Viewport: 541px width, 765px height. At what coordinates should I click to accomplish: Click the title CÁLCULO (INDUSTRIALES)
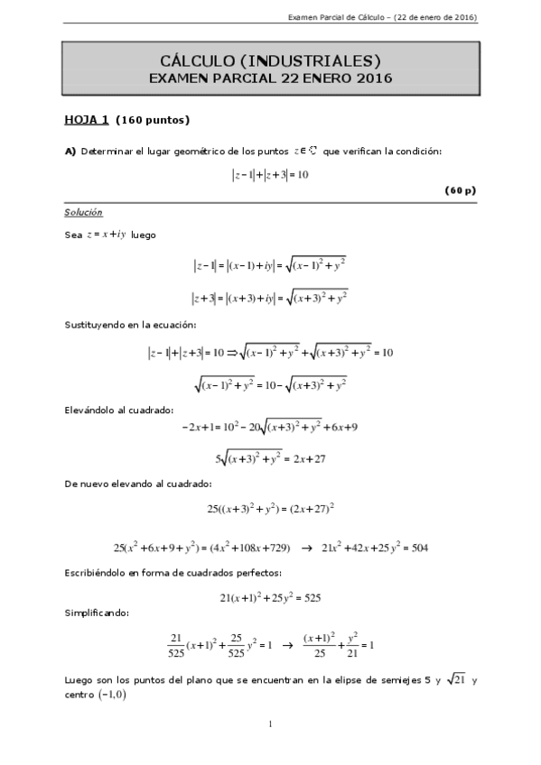tap(270, 60)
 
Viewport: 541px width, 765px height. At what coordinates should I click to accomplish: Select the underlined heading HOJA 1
tap(86, 119)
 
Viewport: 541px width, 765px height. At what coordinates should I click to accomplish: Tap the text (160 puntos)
tap(153, 119)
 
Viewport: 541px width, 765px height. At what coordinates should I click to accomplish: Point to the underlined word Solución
tap(83, 212)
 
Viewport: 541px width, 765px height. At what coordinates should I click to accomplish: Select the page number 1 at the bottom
tap(270, 724)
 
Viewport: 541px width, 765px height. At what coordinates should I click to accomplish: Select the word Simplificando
tap(97, 613)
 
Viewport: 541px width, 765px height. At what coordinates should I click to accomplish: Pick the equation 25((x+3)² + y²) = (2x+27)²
tap(270, 509)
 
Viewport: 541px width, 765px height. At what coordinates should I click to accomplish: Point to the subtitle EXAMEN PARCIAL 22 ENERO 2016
tap(270, 78)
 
